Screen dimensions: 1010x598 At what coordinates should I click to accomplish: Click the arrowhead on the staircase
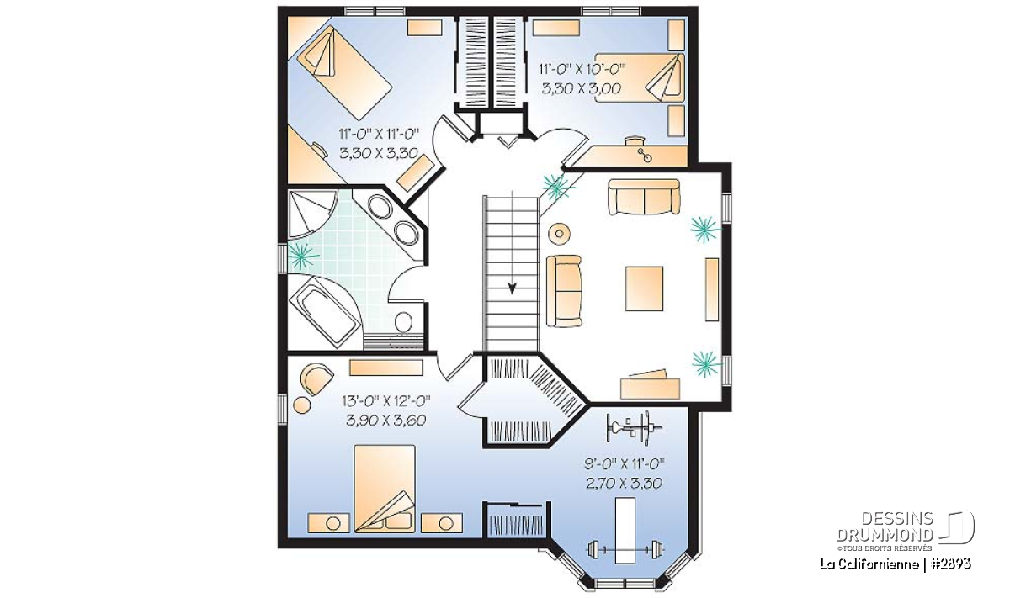pos(512,288)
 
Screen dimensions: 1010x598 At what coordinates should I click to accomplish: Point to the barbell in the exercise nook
pos(625,549)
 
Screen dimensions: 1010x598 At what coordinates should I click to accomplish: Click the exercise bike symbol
pos(634,427)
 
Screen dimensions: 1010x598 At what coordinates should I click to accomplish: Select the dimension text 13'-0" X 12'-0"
pos(386,400)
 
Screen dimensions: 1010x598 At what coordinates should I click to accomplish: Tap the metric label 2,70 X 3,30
pos(625,484)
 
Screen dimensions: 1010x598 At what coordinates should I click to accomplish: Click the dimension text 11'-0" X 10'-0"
pos(582,69)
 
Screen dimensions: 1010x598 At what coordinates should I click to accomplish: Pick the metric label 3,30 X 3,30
pos(379,153)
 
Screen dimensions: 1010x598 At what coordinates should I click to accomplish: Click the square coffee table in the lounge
pos(644,288)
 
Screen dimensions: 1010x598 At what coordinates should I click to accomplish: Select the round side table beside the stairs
pos(559,234)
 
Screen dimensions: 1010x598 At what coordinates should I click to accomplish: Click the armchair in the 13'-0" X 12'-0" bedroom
pos(316,377)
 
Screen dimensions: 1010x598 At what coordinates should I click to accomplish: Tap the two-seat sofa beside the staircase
pos(564,291)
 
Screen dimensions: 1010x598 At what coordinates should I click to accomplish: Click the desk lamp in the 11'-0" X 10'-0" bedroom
pos(644,154)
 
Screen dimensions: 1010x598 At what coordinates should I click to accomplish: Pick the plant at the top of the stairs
pos(556,186)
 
